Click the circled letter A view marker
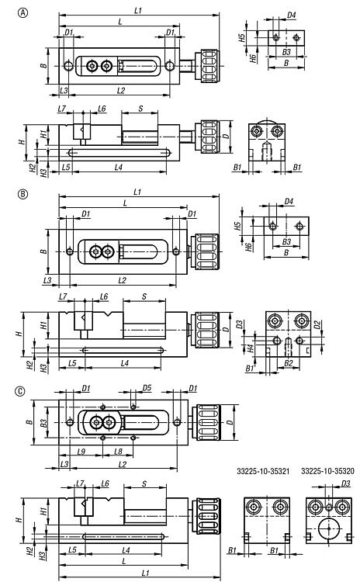click(x=23, y=13)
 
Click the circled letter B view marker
click(x=23, y=194)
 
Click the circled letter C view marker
click(x=20, y=391)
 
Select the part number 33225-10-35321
click(x=263, y=471)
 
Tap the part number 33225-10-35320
click(x=327, y=471)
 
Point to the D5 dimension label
click(x=147, y=388)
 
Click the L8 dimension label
click(x=119, y=452)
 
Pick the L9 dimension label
click(x=81, y=452)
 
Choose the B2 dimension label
click(x=289, y=363)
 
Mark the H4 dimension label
click(x=251, y=348)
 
